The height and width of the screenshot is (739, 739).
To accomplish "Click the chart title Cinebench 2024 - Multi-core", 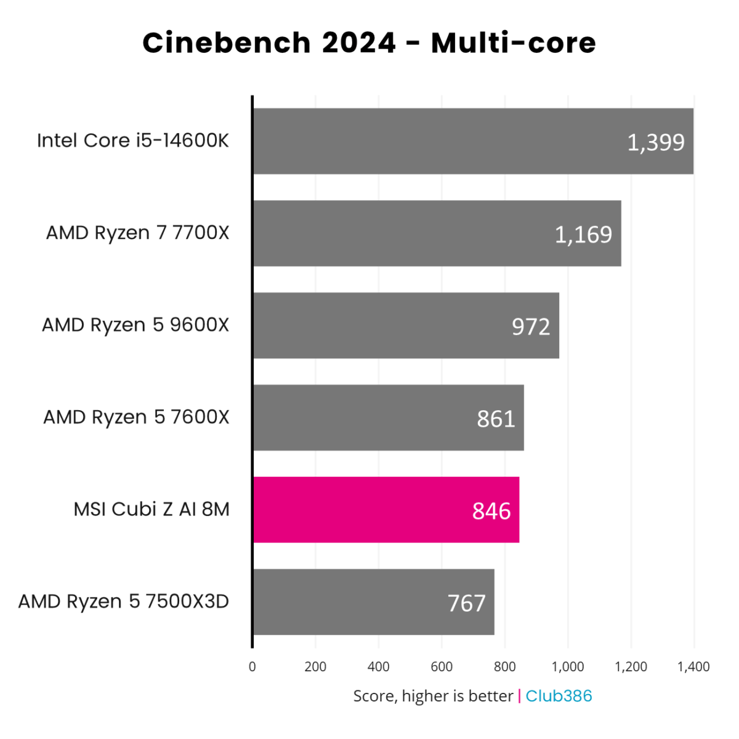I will coord(369,43).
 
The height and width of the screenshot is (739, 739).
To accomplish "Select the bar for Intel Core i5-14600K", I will coord(431,141).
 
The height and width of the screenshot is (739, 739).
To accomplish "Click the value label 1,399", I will coord(655,142).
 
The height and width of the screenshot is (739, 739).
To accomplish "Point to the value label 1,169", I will coord(583,235).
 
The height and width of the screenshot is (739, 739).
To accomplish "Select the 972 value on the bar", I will coord(530,326).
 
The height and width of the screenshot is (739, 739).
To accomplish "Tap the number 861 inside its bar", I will coord(496,419).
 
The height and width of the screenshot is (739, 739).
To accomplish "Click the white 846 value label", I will coord(491,511).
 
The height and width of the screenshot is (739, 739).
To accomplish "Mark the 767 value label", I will coord(466,604).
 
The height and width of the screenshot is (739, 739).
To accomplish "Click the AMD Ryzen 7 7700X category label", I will coord(137,233).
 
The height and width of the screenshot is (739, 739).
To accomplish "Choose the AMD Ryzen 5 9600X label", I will coord(135,325).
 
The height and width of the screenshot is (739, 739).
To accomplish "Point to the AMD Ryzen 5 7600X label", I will coord(136,418).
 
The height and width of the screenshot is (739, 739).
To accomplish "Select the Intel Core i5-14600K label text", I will coord(132,140).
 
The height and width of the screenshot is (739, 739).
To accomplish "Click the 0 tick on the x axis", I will coord(252,666).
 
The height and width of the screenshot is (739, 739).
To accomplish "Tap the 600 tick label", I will coord(442,666).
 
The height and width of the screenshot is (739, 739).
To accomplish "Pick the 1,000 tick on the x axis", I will coord(567,666).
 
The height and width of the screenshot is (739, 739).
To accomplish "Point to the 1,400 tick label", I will coord(693,666).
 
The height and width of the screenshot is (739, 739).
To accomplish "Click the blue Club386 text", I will coord(559,696).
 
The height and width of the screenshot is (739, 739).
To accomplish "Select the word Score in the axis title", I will coord(374,696).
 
